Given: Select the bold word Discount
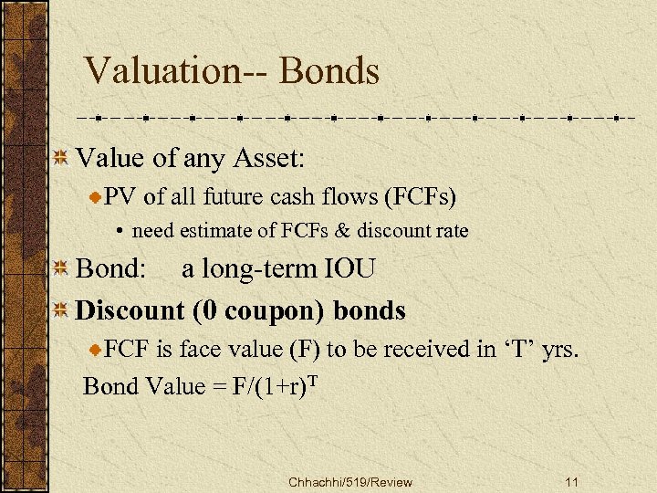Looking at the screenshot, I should pyautogui.click(x=130, y=310).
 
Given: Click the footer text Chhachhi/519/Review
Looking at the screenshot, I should pyautogui.click(x=349, y=482).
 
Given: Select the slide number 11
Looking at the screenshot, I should pyautogui.click(x=572, y=482).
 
